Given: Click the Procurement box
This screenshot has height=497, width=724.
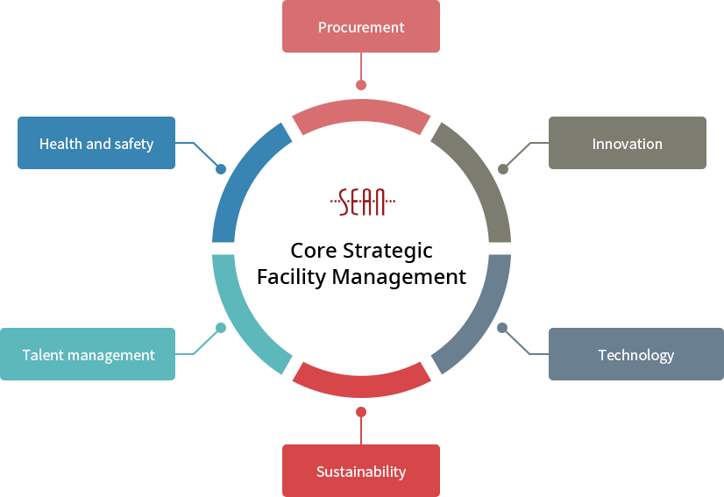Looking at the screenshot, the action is pyautogui.click(x=361, y=26).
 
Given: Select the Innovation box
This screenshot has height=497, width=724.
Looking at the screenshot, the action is pyautogui.click(x=628, y=143).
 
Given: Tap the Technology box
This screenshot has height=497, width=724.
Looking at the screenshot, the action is pyautogui.click(x=636, y=354).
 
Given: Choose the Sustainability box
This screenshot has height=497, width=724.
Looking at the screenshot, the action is pyautogui.click(x=361, y=471).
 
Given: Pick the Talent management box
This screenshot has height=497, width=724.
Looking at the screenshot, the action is pyautogui.click(x=88, y=354).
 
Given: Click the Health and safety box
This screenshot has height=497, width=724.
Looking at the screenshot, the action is pyautogui.click(x=96, y=143).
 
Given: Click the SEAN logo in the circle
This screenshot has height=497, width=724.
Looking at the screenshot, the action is pyautogui.click(x=363, y=202).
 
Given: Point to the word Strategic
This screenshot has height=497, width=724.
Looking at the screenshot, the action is pyautogui.click(x=387, y=252).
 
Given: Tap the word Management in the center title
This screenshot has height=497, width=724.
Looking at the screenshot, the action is pyautogui.click(x=399, y=278).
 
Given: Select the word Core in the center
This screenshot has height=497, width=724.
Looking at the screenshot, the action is pyautogui.click(x=314, y=251).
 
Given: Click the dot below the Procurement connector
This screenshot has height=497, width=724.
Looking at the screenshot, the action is pyautogui.click(x=361, y=85).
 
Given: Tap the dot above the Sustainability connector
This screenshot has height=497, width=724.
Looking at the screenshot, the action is pyautogui.click(x=361, y=412).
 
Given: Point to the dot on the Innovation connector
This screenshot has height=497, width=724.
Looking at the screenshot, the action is pyautogui.click(x=503, y=169).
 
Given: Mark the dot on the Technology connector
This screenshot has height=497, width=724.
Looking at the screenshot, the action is pyautogui.click(x=502, y=328).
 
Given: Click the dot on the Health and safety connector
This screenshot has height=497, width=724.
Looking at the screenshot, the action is pyautogui.click(x=221, y=169).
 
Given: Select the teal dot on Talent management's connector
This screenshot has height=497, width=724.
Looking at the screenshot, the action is pyautogui.click(x=221, y=328).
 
